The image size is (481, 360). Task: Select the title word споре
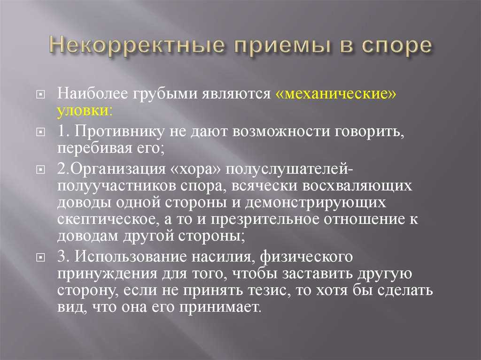point(396,46)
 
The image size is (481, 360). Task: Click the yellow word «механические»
point(336,94)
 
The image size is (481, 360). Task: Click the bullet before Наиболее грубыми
point(40,95)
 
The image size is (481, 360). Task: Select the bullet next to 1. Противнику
point(40,132)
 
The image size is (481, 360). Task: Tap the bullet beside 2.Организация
point(40,170)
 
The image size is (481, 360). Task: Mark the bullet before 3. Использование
point(40,258)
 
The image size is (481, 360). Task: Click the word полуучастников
point(116,186)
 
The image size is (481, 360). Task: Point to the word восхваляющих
point(357,186)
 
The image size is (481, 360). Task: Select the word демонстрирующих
point(316,203)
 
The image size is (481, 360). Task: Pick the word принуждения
point(107,274)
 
